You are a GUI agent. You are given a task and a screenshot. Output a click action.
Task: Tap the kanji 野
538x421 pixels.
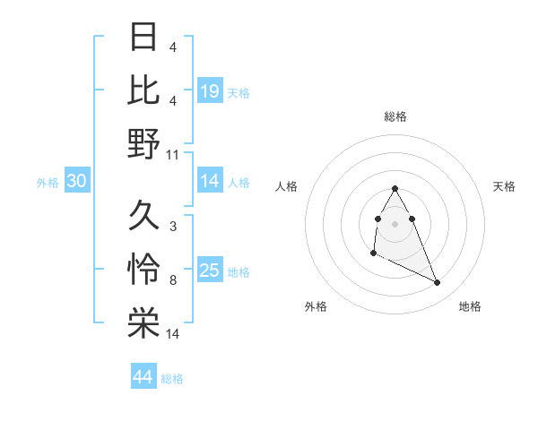(143, 143)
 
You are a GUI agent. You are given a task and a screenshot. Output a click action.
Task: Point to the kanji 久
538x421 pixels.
(143, 215)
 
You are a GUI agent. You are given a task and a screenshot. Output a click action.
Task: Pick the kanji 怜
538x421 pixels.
(143, 270)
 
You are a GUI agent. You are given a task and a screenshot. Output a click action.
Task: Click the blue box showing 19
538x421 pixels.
(210, 90)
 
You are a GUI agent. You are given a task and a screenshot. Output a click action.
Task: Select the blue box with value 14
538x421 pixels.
(210, 182)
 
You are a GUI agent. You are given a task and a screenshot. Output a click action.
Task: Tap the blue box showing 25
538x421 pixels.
(210, 271)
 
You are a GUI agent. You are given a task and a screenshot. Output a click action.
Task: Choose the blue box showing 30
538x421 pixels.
(77, 182)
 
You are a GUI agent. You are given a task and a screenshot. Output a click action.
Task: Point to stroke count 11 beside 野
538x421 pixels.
(173, 155)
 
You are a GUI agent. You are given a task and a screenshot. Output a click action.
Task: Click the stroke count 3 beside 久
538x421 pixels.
(173, 227)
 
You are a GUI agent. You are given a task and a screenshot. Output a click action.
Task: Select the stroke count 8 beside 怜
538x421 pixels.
(173, 281)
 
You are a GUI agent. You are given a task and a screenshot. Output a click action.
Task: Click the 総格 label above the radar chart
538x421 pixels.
(395, 116)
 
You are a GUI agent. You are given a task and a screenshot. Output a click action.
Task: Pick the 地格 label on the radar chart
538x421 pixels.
(470, 306)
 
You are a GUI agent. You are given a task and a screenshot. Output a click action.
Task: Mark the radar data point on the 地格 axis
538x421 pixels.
(438, 283)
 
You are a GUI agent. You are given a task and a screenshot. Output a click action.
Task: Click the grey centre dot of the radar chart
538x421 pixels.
(395, 223)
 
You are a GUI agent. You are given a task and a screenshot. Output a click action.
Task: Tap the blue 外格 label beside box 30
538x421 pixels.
(48, 183)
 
